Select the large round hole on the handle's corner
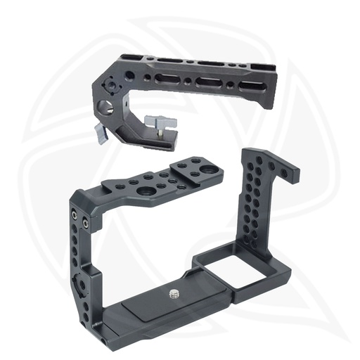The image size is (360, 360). [105, 108]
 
